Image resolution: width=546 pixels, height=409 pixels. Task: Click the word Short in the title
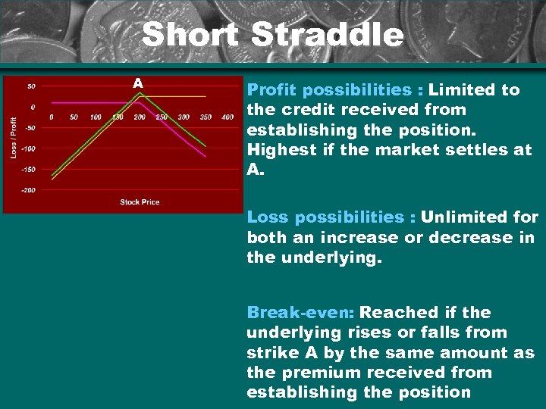[190, 35]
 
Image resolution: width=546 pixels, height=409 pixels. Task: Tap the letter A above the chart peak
[138, 82]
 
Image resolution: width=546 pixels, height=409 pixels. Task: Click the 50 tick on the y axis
[31, 86]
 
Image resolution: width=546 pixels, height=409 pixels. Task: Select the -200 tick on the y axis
[27, 190]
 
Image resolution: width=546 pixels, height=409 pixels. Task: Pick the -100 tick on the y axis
[27, 149]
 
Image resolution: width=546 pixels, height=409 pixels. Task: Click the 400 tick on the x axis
[227, 117]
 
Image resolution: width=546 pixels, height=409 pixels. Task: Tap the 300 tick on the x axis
[184, 117]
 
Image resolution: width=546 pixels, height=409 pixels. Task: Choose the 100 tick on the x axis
[96, 117]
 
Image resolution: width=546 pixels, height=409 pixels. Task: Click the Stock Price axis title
[140, 202]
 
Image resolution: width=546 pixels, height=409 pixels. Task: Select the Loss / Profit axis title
[13, 136]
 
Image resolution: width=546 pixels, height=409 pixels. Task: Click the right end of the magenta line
[206, 155]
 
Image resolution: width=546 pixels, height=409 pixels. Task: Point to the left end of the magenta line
[52, 101]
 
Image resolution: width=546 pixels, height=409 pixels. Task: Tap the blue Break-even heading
[301, 313]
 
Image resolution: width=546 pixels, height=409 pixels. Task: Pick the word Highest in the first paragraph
[280, 150]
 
